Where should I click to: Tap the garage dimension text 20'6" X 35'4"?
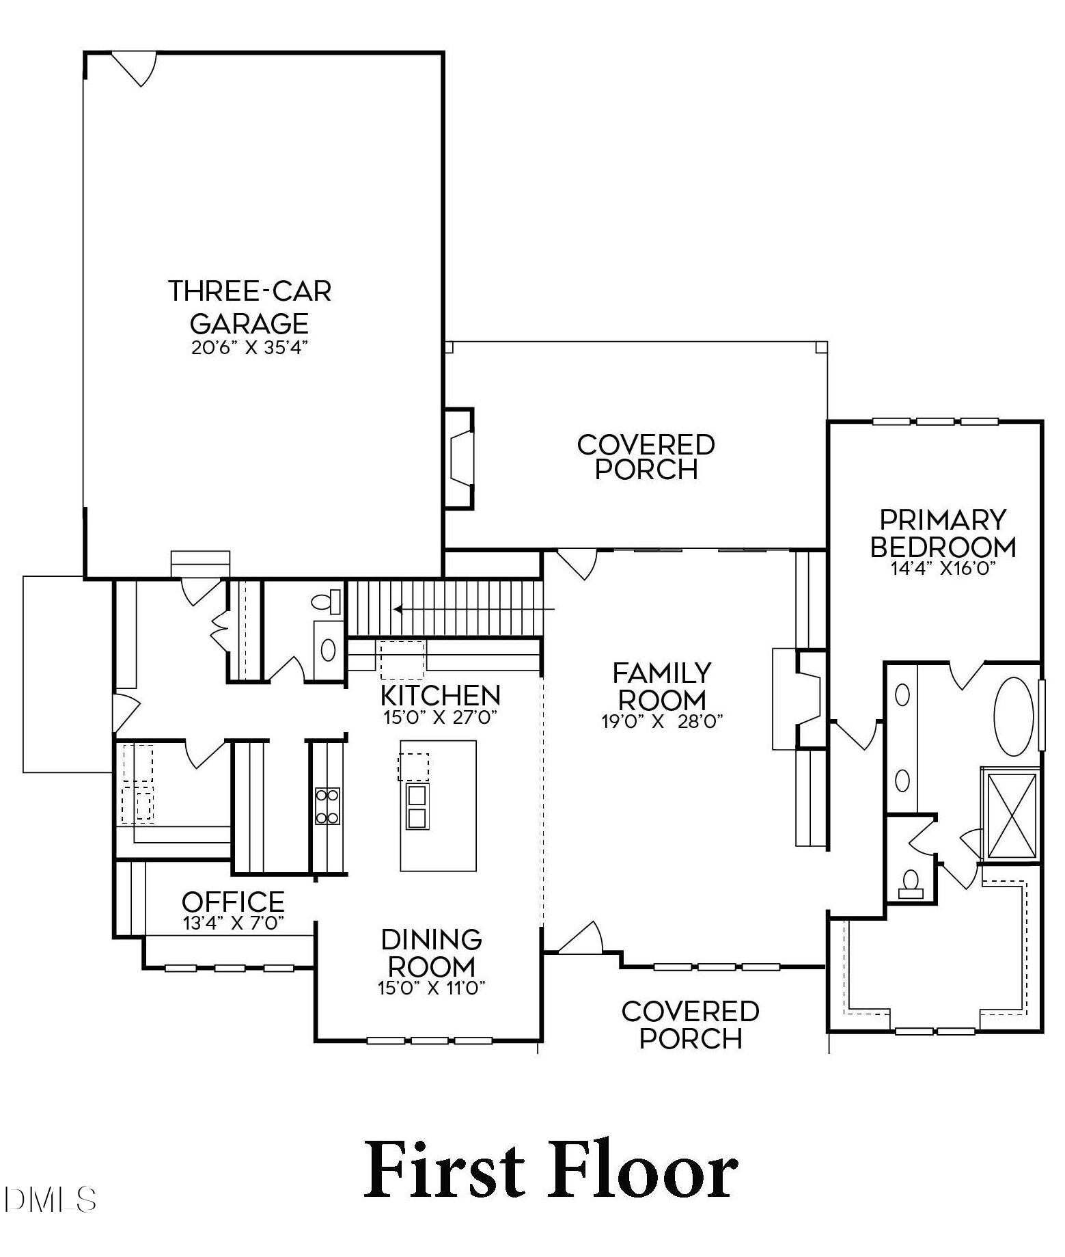[249, 347]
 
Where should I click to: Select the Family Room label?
[661, 686]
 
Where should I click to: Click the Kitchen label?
[440, 695]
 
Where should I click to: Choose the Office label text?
[233, 902]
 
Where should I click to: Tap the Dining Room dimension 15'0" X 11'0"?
[431, 988]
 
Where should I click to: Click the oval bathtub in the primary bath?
[1014, 717]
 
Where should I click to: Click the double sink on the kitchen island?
[417, 806]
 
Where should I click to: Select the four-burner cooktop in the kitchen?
[327, 806]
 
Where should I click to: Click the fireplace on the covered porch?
[460, 459]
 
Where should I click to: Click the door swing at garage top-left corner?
[137, 68]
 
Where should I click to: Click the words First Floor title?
[550, 1170]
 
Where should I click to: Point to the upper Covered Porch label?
[646, 457]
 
